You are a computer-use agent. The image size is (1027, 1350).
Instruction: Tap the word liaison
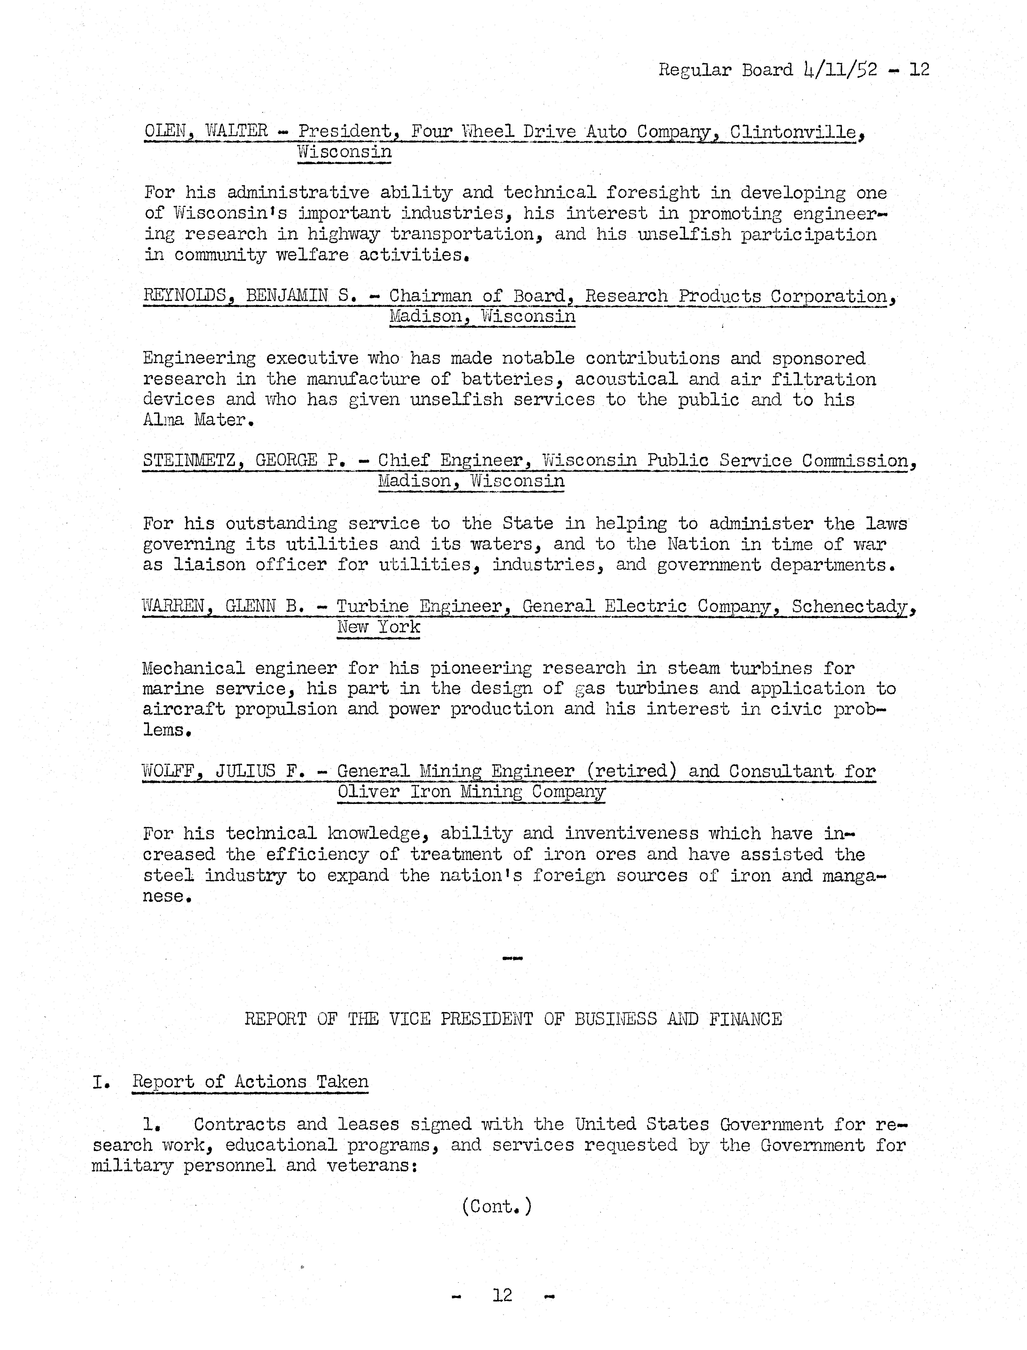click(208, 564)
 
